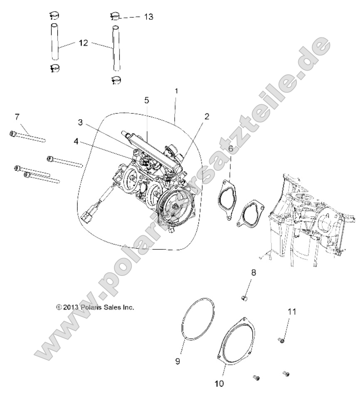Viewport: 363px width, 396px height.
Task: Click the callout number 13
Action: pyautogui.click(x=148, y=17)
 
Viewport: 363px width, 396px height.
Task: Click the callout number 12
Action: pyautogui.click(x=83, y=43)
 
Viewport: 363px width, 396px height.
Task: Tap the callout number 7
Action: pyautogui.click(x=17, y=117)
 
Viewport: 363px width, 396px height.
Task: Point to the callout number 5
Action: pyautogui.click(x=146, y=100)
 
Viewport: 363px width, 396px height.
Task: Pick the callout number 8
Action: pyautogui.click(x=253, y=273)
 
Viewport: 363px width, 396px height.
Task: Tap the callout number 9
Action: pyautogui.click(x=178, y=362)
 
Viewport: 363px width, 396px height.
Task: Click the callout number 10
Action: pyautogui.click(x=220, y=383)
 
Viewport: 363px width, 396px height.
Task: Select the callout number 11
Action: pyautogui.click(x=292, y=312)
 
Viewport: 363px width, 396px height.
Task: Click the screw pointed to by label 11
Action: pyautogui.click(x=281, y=340)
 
